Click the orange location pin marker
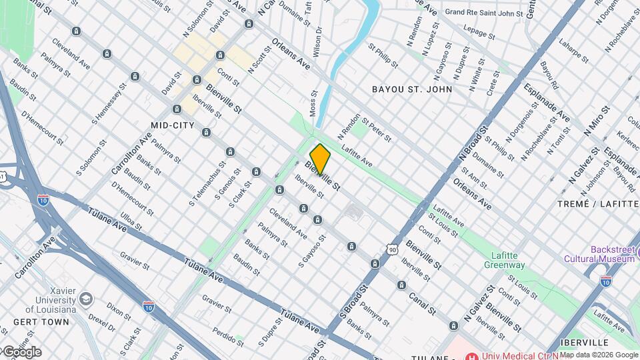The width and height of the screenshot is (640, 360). pos(320,159)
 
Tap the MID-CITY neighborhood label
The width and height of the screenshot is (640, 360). pos(173,125)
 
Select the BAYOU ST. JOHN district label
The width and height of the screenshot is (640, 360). pos(412,89)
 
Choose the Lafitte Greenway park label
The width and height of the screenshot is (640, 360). pos(505,259)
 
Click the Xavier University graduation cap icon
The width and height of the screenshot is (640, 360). pos(85,299)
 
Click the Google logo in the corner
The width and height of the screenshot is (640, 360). pos(21,352)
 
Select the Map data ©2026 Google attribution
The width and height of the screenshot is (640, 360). pos(598,355)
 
